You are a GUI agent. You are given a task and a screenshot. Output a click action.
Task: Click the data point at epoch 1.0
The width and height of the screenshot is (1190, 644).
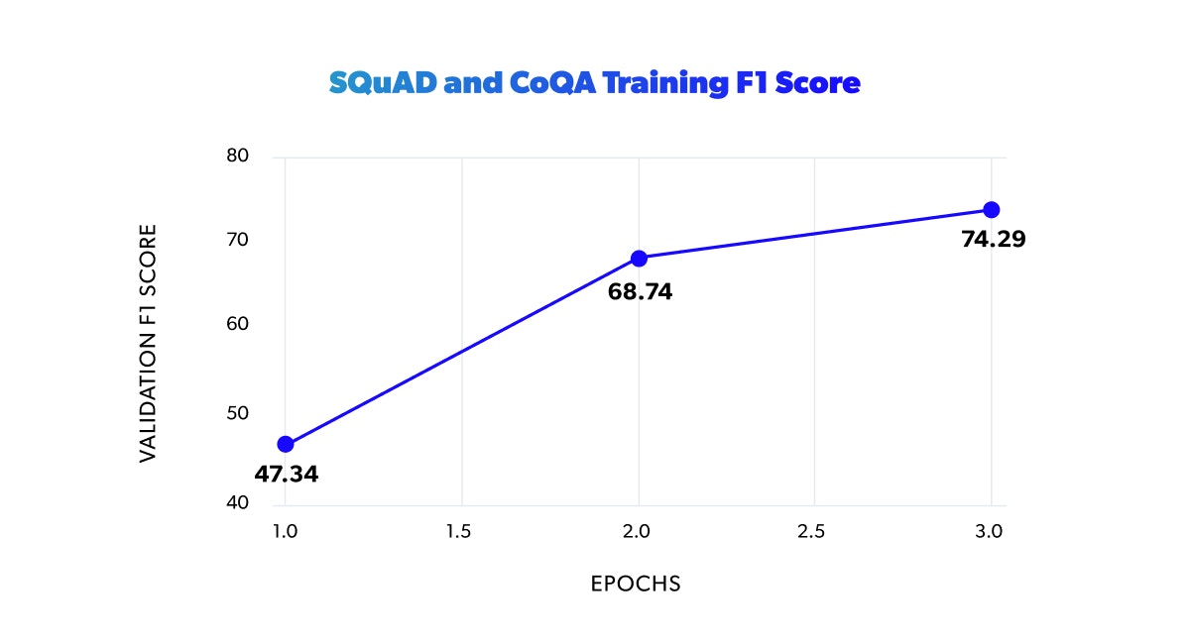point(286,444)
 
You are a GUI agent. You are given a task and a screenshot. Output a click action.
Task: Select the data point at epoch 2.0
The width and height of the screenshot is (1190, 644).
point(639,259)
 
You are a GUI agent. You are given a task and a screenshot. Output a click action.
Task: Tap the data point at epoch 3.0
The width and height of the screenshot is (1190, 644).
point(991,209)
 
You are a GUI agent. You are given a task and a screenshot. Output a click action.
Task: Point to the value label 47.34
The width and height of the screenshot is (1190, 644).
point(286,474)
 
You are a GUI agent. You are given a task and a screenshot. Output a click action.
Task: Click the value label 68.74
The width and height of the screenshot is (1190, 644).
point(640,293)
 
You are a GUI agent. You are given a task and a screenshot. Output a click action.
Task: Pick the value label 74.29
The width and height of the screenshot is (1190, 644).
point(993,239)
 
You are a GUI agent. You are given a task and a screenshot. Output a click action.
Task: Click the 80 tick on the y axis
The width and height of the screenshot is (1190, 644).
point(237,157)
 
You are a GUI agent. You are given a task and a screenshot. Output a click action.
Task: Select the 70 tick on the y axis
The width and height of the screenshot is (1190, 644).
point(237,240)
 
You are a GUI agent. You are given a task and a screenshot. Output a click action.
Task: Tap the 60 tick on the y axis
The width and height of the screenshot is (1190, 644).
point(237,324)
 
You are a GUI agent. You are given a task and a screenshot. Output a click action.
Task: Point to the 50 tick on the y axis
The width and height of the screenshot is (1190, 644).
point(237,413)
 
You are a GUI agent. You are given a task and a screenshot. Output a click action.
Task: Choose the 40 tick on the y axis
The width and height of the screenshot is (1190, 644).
point(237,502)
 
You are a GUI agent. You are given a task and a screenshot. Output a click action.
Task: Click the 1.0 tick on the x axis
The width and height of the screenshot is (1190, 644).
point(285,532)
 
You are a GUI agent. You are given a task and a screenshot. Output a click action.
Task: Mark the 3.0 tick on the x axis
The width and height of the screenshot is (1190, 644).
point(989,532)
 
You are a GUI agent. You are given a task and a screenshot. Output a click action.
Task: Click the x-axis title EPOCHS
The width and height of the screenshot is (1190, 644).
point(636,584)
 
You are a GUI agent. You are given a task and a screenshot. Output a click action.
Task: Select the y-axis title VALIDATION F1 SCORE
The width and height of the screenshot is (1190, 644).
point(148,343)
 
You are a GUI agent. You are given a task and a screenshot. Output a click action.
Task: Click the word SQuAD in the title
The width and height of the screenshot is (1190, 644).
point(382,84)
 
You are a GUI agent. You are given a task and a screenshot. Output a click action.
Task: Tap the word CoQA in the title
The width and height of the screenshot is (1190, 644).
point(547,84)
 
